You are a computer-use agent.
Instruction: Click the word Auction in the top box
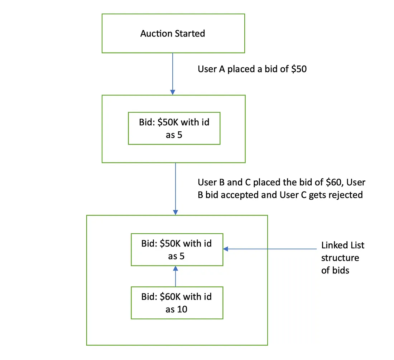pyautogui.click(x=156, y=34)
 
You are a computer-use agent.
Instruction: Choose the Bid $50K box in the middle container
pyautogui.click(x=174, y=129)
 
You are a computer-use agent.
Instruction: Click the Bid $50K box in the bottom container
pyautogui.click(x=177, y=250)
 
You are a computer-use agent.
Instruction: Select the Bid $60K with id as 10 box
pyautogui.click(x=177, y=303)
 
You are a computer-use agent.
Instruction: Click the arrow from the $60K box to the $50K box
pyautogui.click(x=176, y=276)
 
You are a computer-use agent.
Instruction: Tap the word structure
pyautogui.click(x=340, y=258)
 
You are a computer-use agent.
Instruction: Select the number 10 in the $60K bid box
pyautogui.click(x=182, y=309)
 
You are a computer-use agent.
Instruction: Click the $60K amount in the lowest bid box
pyautogui.click(x=168, y=297)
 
